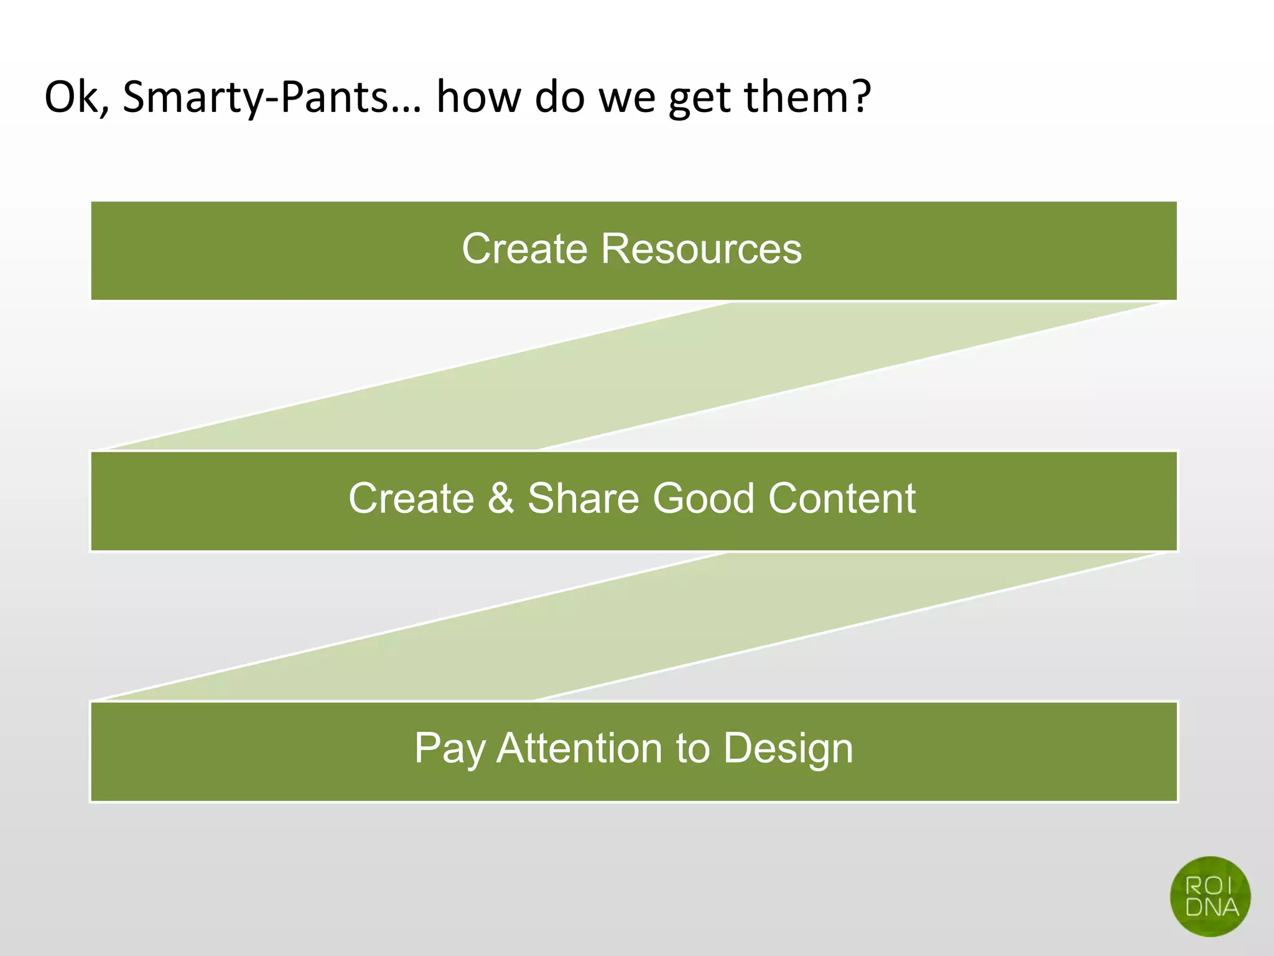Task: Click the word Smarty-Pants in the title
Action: (x=256, y=98)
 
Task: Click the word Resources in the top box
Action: (x=701, y=249)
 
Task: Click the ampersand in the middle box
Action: (x=501, y=499)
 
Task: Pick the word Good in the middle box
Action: (x=703, y=499)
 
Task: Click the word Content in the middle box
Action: (x=842, y=499)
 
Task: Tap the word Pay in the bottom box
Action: (x=449, y=749)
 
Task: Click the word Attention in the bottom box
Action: (x=579, y=748)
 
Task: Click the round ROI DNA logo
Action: (x=1210, y=896)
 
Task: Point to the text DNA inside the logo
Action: (x=1211, y=907)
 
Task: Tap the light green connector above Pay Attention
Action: (x=631, y=626)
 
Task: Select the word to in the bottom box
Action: (x=692, y=748)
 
